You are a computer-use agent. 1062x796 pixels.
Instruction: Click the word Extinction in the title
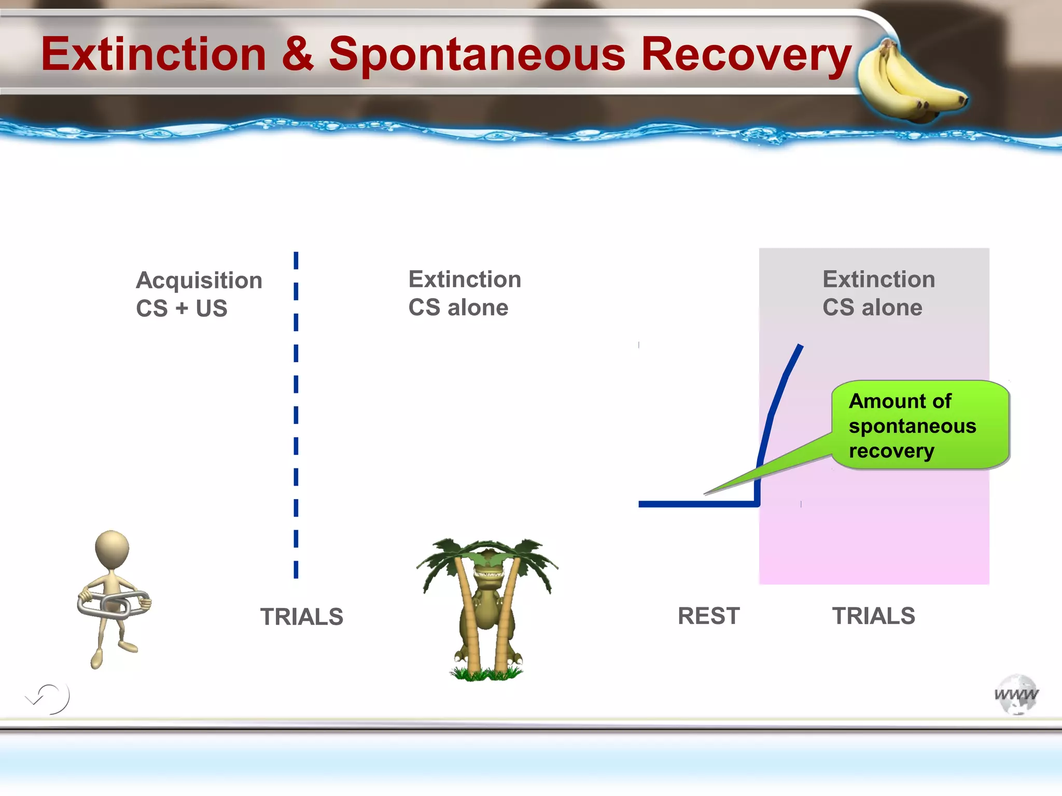[x=153, y=54]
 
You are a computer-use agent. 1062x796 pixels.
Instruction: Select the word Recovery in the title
[x=746, y=55]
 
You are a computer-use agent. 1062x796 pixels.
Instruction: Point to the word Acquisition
[x=199, y=281]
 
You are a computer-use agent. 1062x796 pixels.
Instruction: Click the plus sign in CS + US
[x=181, y=308]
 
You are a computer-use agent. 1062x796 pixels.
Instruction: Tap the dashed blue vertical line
[x=296, y=415]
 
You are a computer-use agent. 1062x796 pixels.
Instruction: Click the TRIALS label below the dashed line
[x=301, y=617]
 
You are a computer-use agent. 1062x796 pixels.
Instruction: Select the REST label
[x=708, y=616]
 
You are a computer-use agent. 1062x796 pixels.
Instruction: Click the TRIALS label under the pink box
[x=873, y=616]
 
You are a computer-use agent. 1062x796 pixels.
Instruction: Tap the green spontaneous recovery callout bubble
[x=920, y=425]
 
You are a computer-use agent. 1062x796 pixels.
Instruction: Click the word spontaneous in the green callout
[x=912, y=426]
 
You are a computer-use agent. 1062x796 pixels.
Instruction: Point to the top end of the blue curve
[x=800, y=346]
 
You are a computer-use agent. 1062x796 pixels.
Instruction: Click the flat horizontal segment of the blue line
[x=695, y=504]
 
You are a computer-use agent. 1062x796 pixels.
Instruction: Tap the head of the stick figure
[x=112, y=549]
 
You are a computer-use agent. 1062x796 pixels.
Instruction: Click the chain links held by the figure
[x=114, y=604]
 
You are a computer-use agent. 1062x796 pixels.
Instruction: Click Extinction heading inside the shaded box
[x=878, y=279]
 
